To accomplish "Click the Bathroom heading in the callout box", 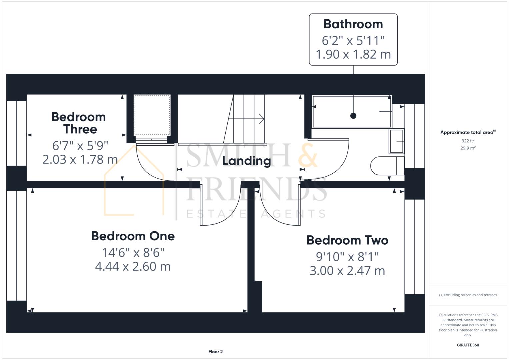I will [x=353, y=24].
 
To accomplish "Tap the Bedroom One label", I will [x=133, y=236].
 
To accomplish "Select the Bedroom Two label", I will [x=347, y=240].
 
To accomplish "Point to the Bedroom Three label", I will [x=79, y=123].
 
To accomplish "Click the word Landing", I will [x=246, y=161].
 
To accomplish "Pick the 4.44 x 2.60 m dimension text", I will [x=133, y=267].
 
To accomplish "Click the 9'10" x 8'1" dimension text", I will [x=347, y=257].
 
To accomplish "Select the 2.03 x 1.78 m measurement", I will [x=80, y=159].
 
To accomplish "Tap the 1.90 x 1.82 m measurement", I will [x=353, y=54].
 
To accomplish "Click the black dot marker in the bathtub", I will [x=353, y=116].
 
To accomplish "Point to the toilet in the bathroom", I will [x=387, y=166].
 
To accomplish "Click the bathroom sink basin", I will [x=396, y=141].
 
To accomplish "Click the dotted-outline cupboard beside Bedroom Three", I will [x=152, y=115].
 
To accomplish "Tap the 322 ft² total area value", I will [x=468, y=141].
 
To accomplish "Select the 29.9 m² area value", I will [x=468, y=148].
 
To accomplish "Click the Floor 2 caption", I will [x=215, y=352].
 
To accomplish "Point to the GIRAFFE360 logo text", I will [x=468, y=345].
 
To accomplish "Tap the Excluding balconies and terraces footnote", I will [x=468, y=295].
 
